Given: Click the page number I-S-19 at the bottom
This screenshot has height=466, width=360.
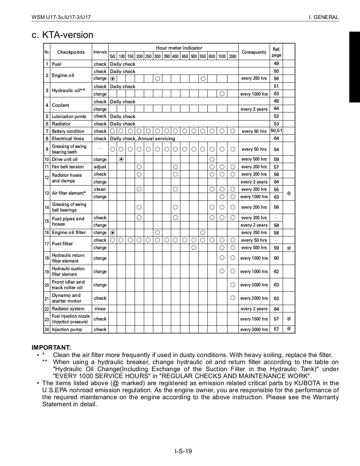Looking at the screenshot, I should coord(184,451).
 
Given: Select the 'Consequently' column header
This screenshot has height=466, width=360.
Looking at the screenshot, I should coord(254,52).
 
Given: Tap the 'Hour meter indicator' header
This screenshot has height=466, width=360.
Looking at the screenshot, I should coord(179,48).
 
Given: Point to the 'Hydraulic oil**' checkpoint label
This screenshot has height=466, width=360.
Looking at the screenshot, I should coord(68,90).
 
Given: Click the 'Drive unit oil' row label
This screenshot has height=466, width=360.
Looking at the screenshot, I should coord(65,159).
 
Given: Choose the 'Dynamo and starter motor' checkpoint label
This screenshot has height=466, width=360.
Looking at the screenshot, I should coord(66,298).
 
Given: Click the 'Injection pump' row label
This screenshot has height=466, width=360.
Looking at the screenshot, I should coord(67,329).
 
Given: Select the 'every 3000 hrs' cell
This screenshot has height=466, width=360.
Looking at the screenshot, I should coord(254,329).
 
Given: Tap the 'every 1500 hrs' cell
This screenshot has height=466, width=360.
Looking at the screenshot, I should coord(254,319).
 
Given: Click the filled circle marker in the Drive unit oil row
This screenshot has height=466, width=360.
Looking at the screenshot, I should coord(122,159).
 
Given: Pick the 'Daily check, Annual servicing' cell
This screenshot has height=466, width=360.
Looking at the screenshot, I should coord(142,138).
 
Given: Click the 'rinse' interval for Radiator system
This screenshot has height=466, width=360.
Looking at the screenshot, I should coord(100,309).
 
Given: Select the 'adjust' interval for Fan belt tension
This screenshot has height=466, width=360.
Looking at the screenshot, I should coord(100,167).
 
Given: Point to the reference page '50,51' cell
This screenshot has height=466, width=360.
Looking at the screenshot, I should coord(276,131).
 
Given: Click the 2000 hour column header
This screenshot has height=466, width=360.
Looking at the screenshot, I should coord(233,56).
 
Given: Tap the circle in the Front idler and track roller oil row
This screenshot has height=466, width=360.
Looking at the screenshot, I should coord(233,285).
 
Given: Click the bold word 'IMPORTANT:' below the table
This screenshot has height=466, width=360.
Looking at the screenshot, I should coord(51,347).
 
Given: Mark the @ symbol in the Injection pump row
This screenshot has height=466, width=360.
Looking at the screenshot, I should coord(289,329).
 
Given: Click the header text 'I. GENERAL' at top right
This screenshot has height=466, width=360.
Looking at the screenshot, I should coord(323,17).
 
